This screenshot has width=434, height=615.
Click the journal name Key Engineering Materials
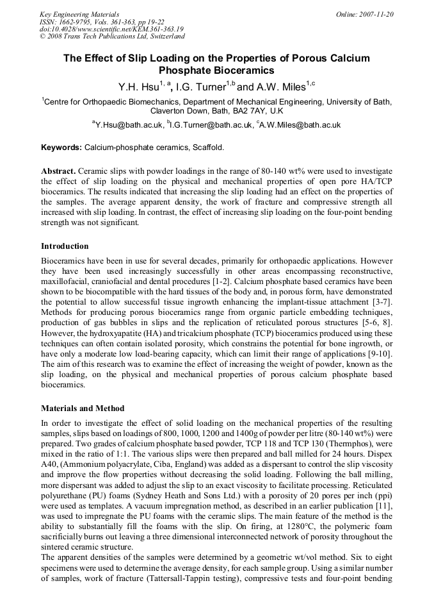[x=79, y=13]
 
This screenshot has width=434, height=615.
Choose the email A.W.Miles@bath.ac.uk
[x=300, y=125]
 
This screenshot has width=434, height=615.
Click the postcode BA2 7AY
[x=244, y=110]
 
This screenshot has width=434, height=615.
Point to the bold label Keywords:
[x=61, y=147]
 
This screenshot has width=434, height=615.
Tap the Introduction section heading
[x=65, y=246]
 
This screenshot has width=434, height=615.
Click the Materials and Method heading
[x=83, y=408]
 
